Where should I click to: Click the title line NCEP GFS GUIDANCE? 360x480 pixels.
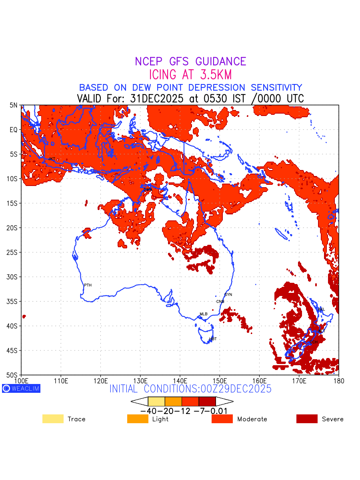click(190, 62)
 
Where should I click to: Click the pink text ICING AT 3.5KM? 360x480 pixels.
click(190, 75)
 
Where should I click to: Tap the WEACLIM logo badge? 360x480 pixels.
click(21, 388)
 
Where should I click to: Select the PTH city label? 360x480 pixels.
click(88, 285)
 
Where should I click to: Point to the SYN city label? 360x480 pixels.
click(228, 295)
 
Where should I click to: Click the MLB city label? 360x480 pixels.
click(204, 314)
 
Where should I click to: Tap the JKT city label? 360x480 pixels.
click(52, 159)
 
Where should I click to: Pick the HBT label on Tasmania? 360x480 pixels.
click(213, 339)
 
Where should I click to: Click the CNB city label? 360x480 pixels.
click(220, 302)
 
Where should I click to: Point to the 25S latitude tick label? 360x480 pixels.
click(14, 252)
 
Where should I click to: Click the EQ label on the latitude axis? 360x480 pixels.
click(14, 130)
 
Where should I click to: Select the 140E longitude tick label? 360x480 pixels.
click(180, 380)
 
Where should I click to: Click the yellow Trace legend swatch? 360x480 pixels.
click(53, 419)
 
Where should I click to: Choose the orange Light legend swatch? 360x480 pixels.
click(138, 419)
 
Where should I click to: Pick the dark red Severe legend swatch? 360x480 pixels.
click(307, 419)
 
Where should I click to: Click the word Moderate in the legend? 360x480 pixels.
click(252, 419)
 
